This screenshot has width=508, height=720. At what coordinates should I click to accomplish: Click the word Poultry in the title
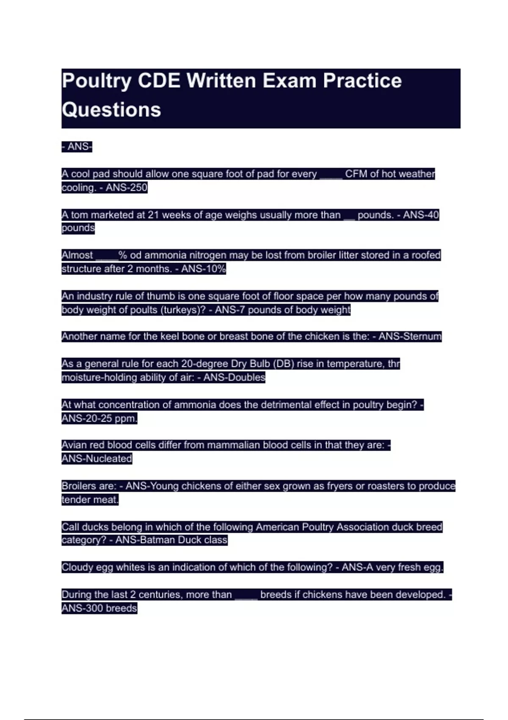(97, 81)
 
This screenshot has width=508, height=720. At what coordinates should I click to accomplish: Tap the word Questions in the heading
(111, 110)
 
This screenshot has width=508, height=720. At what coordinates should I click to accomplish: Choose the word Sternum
(422, 337)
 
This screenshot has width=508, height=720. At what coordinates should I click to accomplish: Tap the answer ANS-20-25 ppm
(99, 418)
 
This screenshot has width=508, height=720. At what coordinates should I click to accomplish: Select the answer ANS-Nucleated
(97, 459)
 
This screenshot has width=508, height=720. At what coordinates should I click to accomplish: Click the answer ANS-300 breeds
(99, 608)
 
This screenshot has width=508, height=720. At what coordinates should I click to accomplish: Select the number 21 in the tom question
(153, 215)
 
